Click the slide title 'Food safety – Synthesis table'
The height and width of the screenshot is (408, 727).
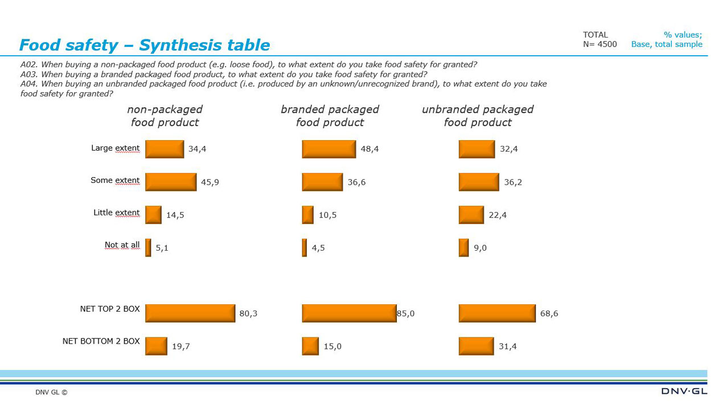click(x=145, y=45)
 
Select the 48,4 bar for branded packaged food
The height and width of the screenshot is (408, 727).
click(x=328, y=149)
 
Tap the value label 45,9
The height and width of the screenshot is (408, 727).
click(x=210, y=182)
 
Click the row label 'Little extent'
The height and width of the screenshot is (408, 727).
click(x=116, y=213)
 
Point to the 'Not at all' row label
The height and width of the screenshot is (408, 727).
click(x=122, y=245)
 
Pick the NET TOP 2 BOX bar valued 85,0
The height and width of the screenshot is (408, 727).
click(x=349, y=313)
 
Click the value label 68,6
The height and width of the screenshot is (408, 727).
click(x=549, y=313)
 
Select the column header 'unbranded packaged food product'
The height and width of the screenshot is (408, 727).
click(x=477, y=116)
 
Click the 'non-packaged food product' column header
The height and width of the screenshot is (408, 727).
click(x=165, y=116)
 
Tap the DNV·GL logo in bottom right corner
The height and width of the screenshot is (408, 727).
click(x=684, y=391)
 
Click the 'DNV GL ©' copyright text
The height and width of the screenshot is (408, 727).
click(x=51, y=392)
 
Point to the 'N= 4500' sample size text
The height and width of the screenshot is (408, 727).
click(x=599, y=44)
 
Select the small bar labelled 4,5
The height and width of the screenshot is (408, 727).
click(x=305, y=248)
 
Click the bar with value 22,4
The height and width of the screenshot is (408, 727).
click(x=471, y=215)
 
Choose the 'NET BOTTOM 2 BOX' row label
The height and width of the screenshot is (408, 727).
click(x=101, y=341)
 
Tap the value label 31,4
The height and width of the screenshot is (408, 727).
click(x=507, y=346)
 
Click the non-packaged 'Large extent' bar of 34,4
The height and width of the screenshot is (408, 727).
click(x=165, y=149)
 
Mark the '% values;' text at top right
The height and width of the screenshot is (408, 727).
click(x=683, y=35)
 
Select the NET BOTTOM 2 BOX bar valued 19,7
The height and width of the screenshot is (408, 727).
click(x=156, y=346)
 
